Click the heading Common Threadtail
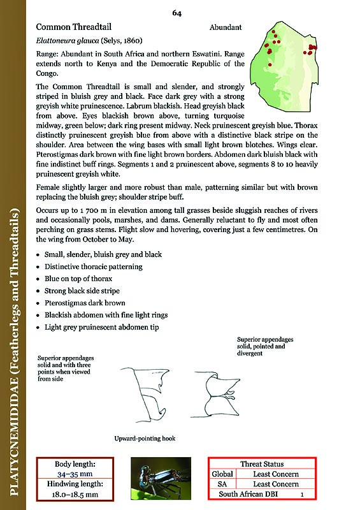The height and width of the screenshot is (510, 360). tap(71, 27)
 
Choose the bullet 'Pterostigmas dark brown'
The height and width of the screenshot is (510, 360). tap(85, 303)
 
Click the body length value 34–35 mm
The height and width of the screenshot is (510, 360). tap(76, 475)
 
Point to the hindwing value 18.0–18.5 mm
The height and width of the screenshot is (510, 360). tap(76, 495)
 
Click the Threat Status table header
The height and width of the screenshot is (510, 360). tap(262, 464)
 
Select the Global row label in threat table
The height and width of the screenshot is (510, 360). tap(222, 474)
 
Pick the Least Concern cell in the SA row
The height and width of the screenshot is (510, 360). tap(276, 484)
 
